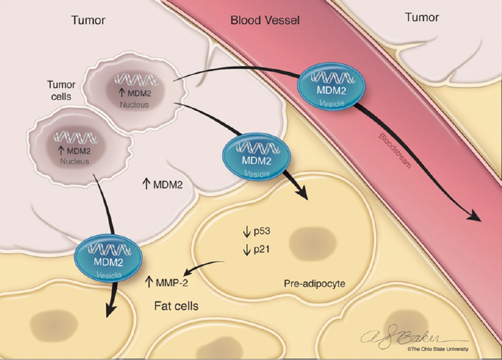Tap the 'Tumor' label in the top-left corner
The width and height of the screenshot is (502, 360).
pos(88,21)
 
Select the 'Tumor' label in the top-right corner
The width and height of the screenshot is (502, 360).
pos(422,17)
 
